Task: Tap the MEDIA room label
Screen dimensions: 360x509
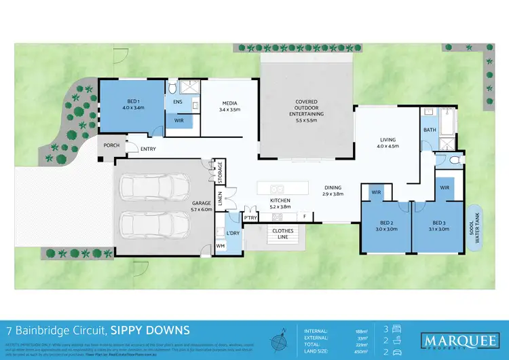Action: tap(230, 105)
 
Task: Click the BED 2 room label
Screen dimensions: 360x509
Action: tap(385, 226)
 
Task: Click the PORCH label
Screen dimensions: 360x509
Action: tap(111, 146)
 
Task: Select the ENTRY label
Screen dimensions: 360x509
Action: tap(149, 148)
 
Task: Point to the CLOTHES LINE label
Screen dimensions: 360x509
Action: tap(283, 234)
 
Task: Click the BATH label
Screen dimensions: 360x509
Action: tap(429, 129)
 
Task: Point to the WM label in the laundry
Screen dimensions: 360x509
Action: tap(221, 245)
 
